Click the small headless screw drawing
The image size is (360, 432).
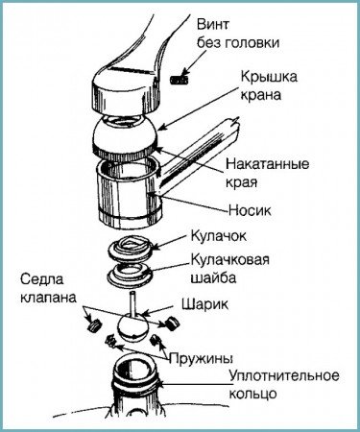(178, 74)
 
